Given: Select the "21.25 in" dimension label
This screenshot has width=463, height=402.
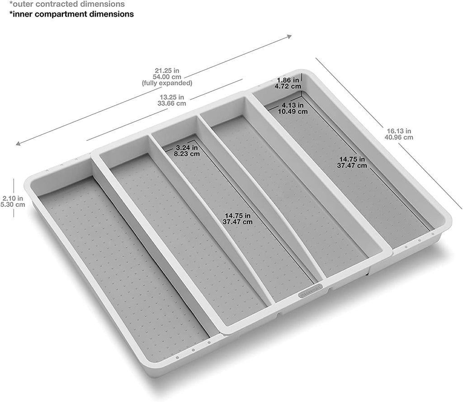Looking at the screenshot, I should (x=167, y=70).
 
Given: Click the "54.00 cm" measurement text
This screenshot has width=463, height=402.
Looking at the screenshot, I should (x=167, y=77).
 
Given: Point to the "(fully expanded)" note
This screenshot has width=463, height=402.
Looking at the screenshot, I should (x=167, y=83).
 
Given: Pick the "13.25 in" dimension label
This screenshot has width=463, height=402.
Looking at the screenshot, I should (x=171, y=97).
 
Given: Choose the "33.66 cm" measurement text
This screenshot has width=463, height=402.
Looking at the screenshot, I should (x=171, y=103).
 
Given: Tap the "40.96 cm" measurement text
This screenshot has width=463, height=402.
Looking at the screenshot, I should (x=398, y=137).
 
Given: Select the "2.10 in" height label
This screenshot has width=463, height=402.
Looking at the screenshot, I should (x=12, y=198).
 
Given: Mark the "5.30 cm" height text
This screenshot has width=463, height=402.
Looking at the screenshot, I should (x=13, y=204).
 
